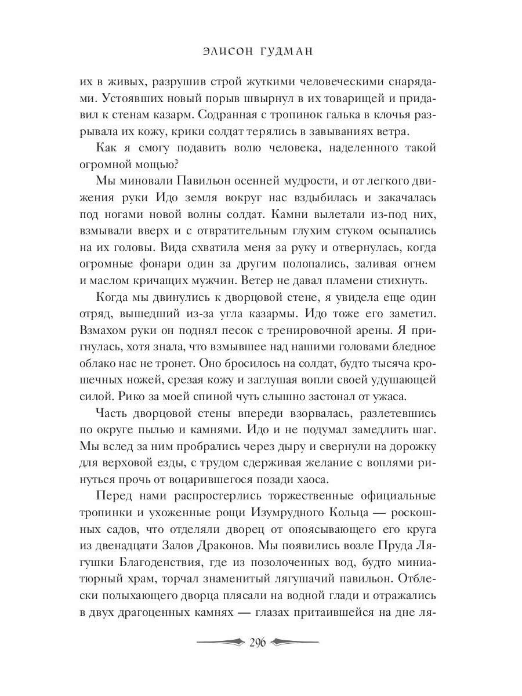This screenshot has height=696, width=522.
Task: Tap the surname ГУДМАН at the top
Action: click(x=289, y=52)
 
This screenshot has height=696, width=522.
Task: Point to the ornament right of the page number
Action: click(x=295, y=643)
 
